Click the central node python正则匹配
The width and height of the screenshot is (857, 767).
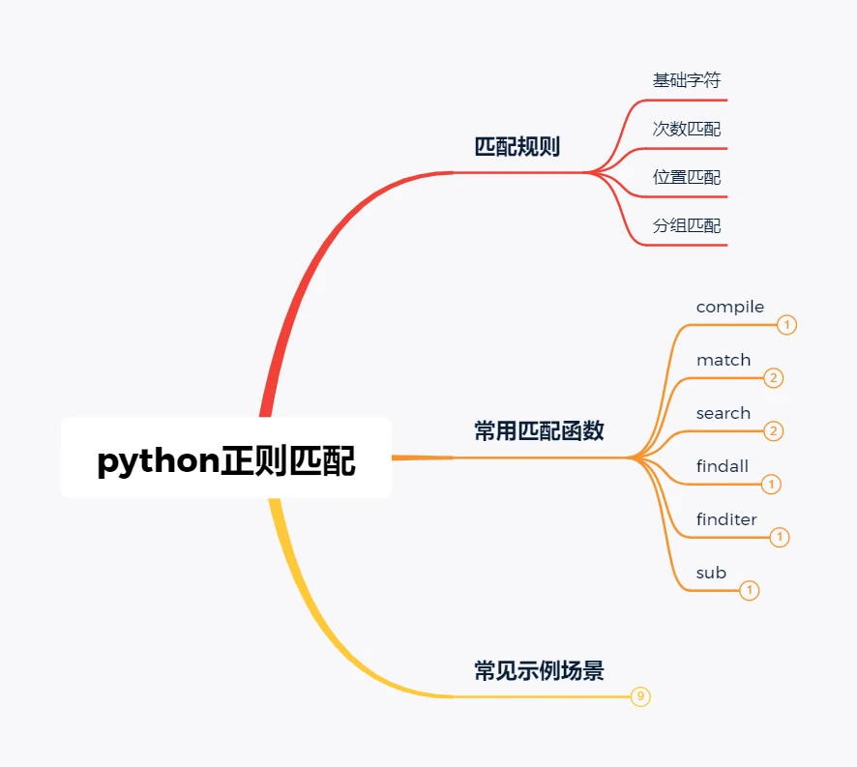click(226, 460)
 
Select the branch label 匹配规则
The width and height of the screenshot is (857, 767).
click(517, 147)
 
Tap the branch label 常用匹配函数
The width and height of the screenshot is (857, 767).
click(539, 431)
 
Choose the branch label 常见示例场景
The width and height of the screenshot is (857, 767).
click(539, 670)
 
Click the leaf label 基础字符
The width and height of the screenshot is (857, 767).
click(687, 80)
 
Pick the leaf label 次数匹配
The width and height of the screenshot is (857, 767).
click(687, 129)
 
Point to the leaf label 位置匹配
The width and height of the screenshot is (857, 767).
click(687, 177)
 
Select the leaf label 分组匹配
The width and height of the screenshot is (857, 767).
click(687, 225)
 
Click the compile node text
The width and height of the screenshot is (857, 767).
click(730, 307)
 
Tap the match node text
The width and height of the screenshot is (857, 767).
click(724, 360)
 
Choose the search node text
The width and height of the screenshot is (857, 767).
click(724, 413)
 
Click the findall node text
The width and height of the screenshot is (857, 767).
click(723, 466)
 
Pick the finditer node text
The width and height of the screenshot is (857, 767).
click(726, 519)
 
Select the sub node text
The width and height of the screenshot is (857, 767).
click(711, 573)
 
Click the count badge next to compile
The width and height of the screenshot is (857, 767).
click(787, 325)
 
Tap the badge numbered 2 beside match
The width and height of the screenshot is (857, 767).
click(773, 378)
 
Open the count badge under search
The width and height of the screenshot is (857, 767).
click(773, 430)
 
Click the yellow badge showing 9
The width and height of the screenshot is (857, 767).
click(640, 695)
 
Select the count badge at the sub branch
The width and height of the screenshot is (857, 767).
click(750, 590)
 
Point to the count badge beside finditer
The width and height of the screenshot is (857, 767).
click(780, 537)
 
